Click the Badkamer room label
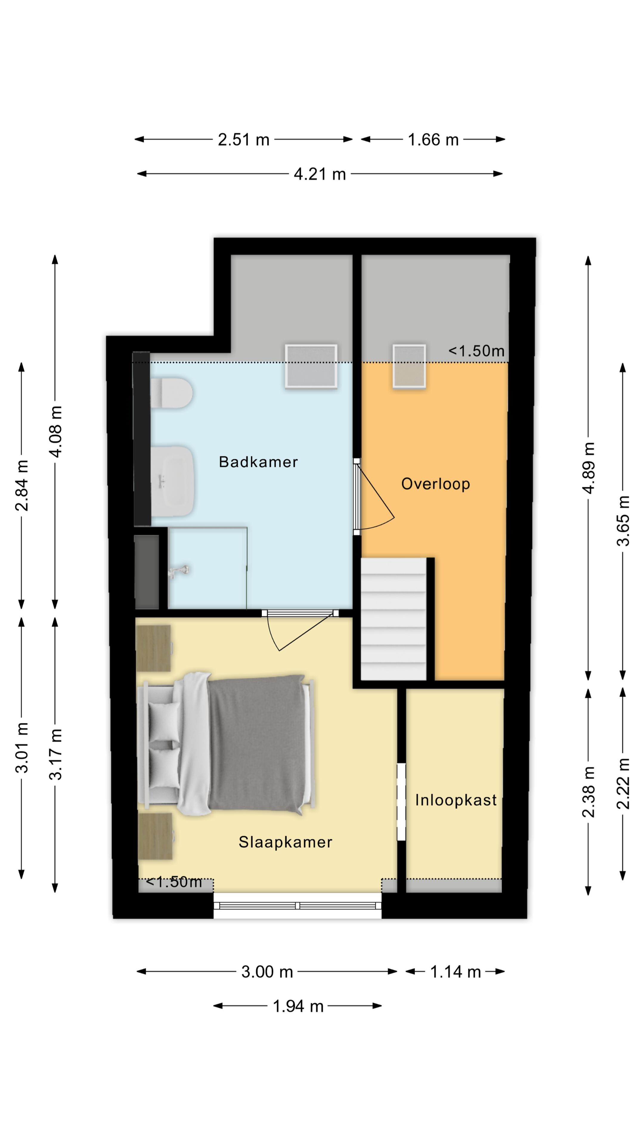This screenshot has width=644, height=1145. (x=258, y=462)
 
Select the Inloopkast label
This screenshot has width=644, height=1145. (x=456, y=800)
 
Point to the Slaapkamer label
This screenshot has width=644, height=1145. (x=285, y=842)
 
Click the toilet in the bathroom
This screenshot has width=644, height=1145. (x=171, y=393)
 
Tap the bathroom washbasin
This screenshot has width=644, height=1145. (x=172, y=481)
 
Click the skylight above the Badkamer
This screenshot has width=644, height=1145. (x=311, y=366)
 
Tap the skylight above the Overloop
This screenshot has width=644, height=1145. (x=409, y=366)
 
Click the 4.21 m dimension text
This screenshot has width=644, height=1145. (x=320, y=174)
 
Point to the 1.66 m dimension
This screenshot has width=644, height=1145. (x=433, y=140)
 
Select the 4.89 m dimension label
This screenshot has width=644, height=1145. (x=588, y=468)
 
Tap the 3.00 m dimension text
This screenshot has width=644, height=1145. (x=267, y=972)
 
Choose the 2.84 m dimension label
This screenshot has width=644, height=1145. (x=21, y=485)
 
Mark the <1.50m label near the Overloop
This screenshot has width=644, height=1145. (x=476, y=351)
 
